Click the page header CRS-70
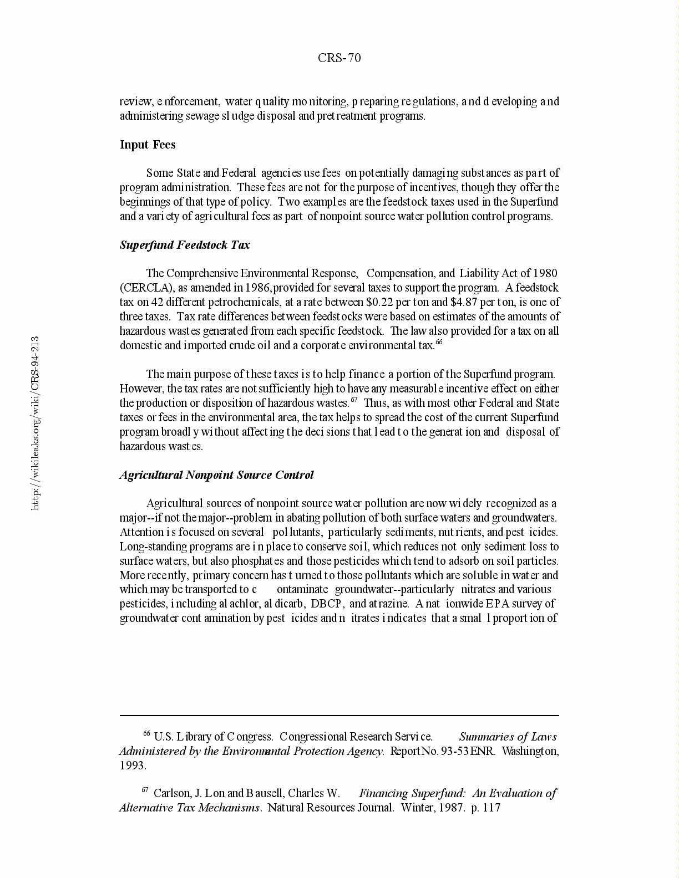[339, 58]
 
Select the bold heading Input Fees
[148, 145]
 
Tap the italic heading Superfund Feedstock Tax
[185, 245]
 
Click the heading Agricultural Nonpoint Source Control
[216, 475]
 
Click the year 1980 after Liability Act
[545, 273]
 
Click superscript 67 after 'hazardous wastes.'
[354, 400]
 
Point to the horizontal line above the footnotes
[339, 716]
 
